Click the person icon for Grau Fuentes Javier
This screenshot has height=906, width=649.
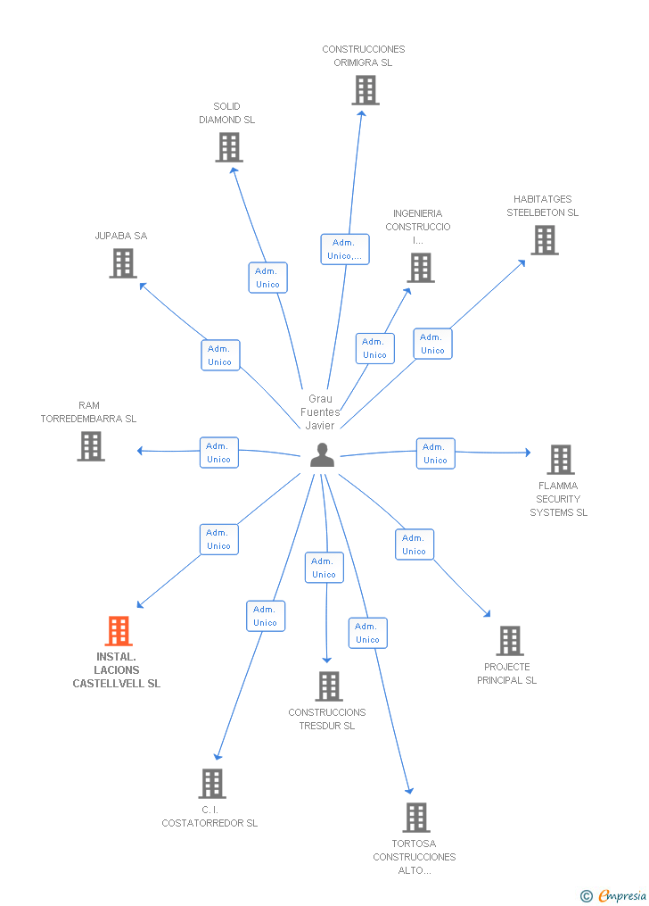coord(322,454)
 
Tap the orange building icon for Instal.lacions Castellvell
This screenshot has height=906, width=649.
coord(119,631)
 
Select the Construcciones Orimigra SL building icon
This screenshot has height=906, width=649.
coord(366,90)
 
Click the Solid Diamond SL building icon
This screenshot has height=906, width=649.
coord(229,147)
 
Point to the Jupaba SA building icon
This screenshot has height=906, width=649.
coord(123,263)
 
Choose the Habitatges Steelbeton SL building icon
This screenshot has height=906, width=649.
coord(545,240)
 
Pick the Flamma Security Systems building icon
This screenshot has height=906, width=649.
coord(561,460)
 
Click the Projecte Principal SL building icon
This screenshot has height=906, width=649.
coord(510,641)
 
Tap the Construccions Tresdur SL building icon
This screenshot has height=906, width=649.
coord(329,686)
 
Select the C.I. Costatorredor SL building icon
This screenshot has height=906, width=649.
coord(212,784)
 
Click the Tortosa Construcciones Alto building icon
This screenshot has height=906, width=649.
coord(416,818)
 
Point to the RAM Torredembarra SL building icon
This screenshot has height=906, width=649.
coord(91,446)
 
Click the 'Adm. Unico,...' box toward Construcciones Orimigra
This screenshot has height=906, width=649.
coord(345,249)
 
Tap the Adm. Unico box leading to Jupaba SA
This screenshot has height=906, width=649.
coord(220,355)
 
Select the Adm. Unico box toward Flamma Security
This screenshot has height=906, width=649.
coord(436,453)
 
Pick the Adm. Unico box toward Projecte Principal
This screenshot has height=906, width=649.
coord(415,544)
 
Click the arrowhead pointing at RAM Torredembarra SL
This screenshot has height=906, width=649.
coord(140,451)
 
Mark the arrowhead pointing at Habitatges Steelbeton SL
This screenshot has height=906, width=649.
coord(522,263)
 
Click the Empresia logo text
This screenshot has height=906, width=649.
coord(622,895)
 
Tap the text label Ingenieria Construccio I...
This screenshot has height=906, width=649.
coord(418,227)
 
